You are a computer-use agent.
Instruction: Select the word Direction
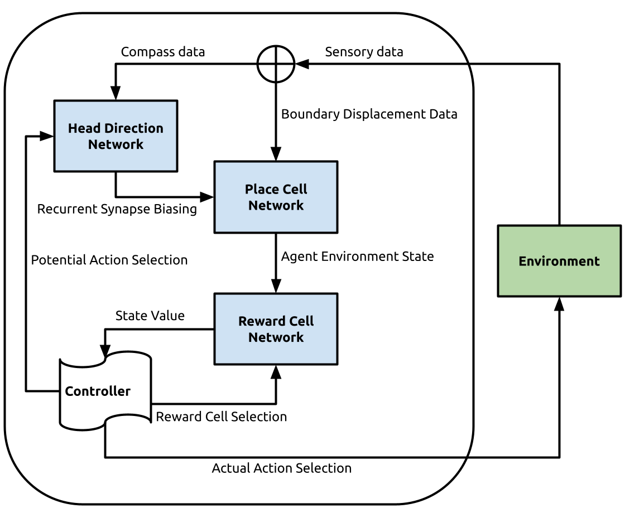pos(133,128)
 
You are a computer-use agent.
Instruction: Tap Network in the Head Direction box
pos(116,144)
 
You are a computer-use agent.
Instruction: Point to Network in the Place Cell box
pos(276,205)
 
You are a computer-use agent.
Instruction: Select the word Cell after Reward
pos(301,321)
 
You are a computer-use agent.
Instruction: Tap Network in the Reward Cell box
pos(276,337)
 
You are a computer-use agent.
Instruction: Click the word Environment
pos(559,261)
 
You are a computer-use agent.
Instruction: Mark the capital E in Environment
pos(522,261)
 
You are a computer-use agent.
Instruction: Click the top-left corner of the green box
pos(499,227)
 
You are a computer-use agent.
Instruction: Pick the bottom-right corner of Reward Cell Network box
pos(336,363)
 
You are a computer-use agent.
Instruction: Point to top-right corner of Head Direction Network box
pos(176,102)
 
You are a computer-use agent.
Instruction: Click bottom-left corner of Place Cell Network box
pos(216,231)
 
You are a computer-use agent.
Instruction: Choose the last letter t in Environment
pos(597,262)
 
